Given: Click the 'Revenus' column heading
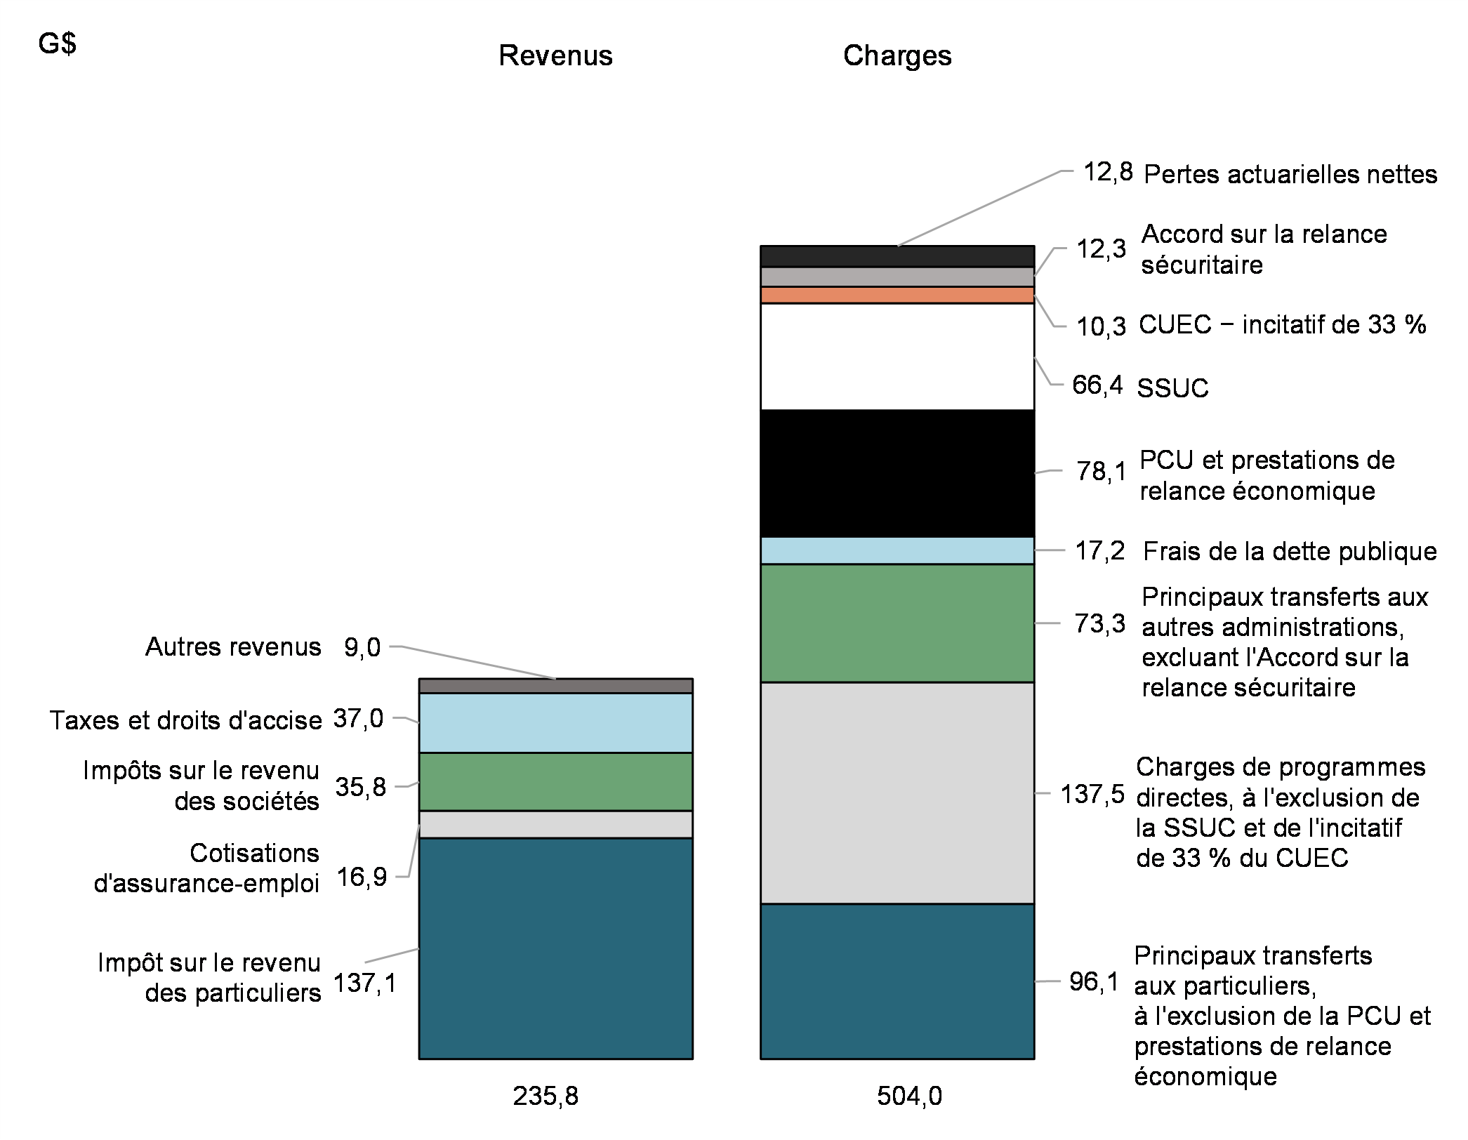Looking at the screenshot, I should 555,55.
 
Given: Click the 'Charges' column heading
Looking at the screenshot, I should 897,55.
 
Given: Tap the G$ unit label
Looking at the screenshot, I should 58,44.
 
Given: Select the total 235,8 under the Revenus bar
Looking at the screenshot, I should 545,1096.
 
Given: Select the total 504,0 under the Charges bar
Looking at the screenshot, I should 909,1096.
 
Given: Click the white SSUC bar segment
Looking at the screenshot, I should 897,357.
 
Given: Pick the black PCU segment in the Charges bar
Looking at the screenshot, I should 897,473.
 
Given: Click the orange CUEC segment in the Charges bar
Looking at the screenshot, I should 897,295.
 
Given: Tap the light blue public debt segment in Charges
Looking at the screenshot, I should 897,550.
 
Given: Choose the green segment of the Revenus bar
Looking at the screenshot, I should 555,781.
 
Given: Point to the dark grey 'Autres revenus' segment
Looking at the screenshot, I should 555,686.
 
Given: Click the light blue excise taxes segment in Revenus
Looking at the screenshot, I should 555,723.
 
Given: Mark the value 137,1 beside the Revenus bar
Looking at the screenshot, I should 365,983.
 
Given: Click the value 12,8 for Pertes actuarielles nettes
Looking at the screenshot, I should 1108,172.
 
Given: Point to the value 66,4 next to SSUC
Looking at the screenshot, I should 1097,385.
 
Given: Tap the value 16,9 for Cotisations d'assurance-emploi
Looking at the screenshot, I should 362,877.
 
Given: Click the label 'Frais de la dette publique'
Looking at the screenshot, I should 1290,551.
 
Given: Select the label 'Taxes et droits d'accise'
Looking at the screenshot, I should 185,720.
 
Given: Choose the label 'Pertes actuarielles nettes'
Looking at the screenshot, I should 1290,174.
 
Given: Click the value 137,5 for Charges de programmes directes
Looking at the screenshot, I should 1092,795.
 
